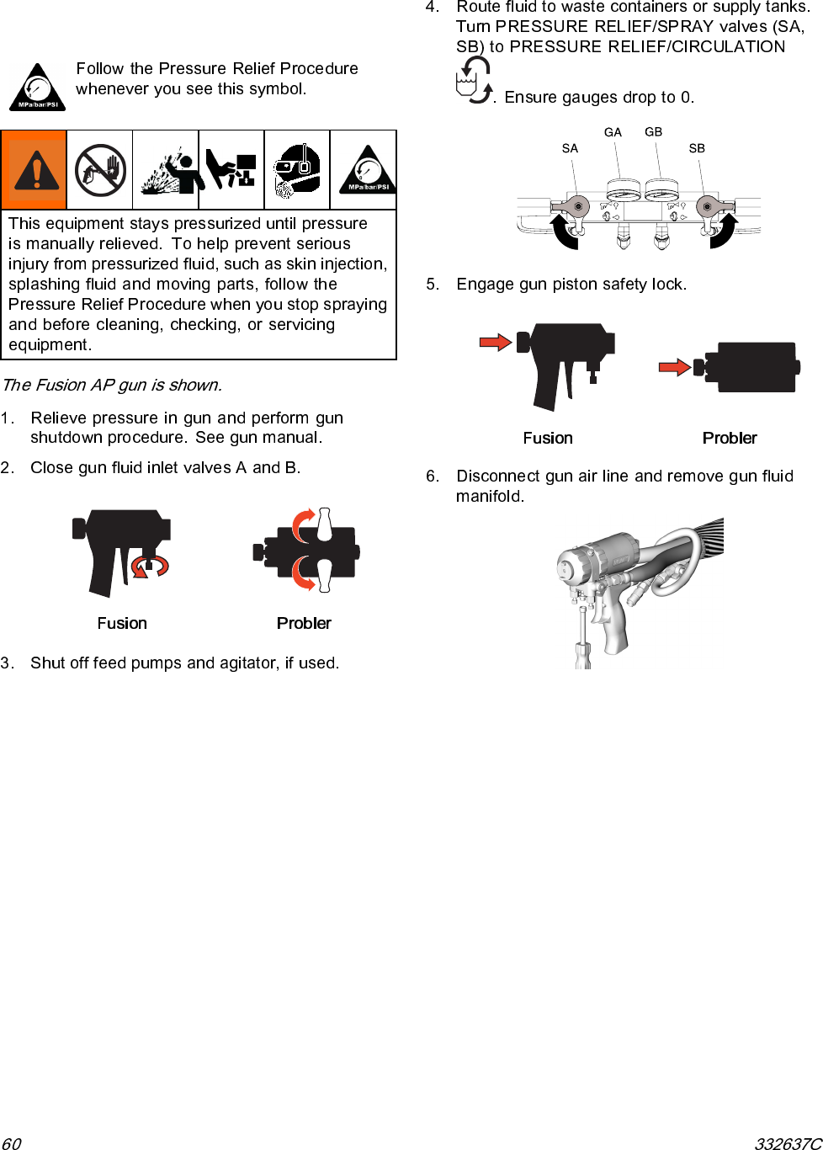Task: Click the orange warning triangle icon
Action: point(34,170)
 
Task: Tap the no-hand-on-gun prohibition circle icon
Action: point(100,170)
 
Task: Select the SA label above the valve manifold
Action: point(570,149)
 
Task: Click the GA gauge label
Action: point(613,132)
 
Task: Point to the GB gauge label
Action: point(654,131)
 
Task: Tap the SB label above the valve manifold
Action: point(697,148)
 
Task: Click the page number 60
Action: point(11,1143)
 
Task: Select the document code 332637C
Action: point(788,1143)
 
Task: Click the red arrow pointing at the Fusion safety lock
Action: point(495,342)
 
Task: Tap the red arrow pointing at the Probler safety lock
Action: point(674,367)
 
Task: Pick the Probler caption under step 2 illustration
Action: point(304,623)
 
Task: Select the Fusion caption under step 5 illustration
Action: point(548,438)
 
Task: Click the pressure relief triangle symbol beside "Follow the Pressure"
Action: point(37,88)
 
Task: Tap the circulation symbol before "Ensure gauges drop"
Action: point(474,81)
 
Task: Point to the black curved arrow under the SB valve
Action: point(724,232)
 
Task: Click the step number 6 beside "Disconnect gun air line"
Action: point(432,477)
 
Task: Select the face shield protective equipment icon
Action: point(297,170)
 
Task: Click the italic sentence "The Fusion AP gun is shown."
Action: point(112,386)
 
